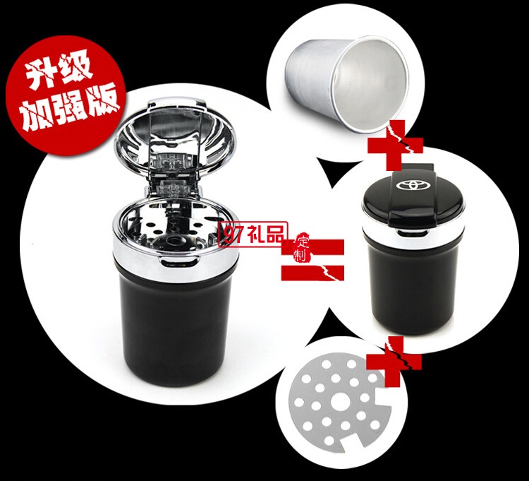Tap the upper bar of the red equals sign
313,247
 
